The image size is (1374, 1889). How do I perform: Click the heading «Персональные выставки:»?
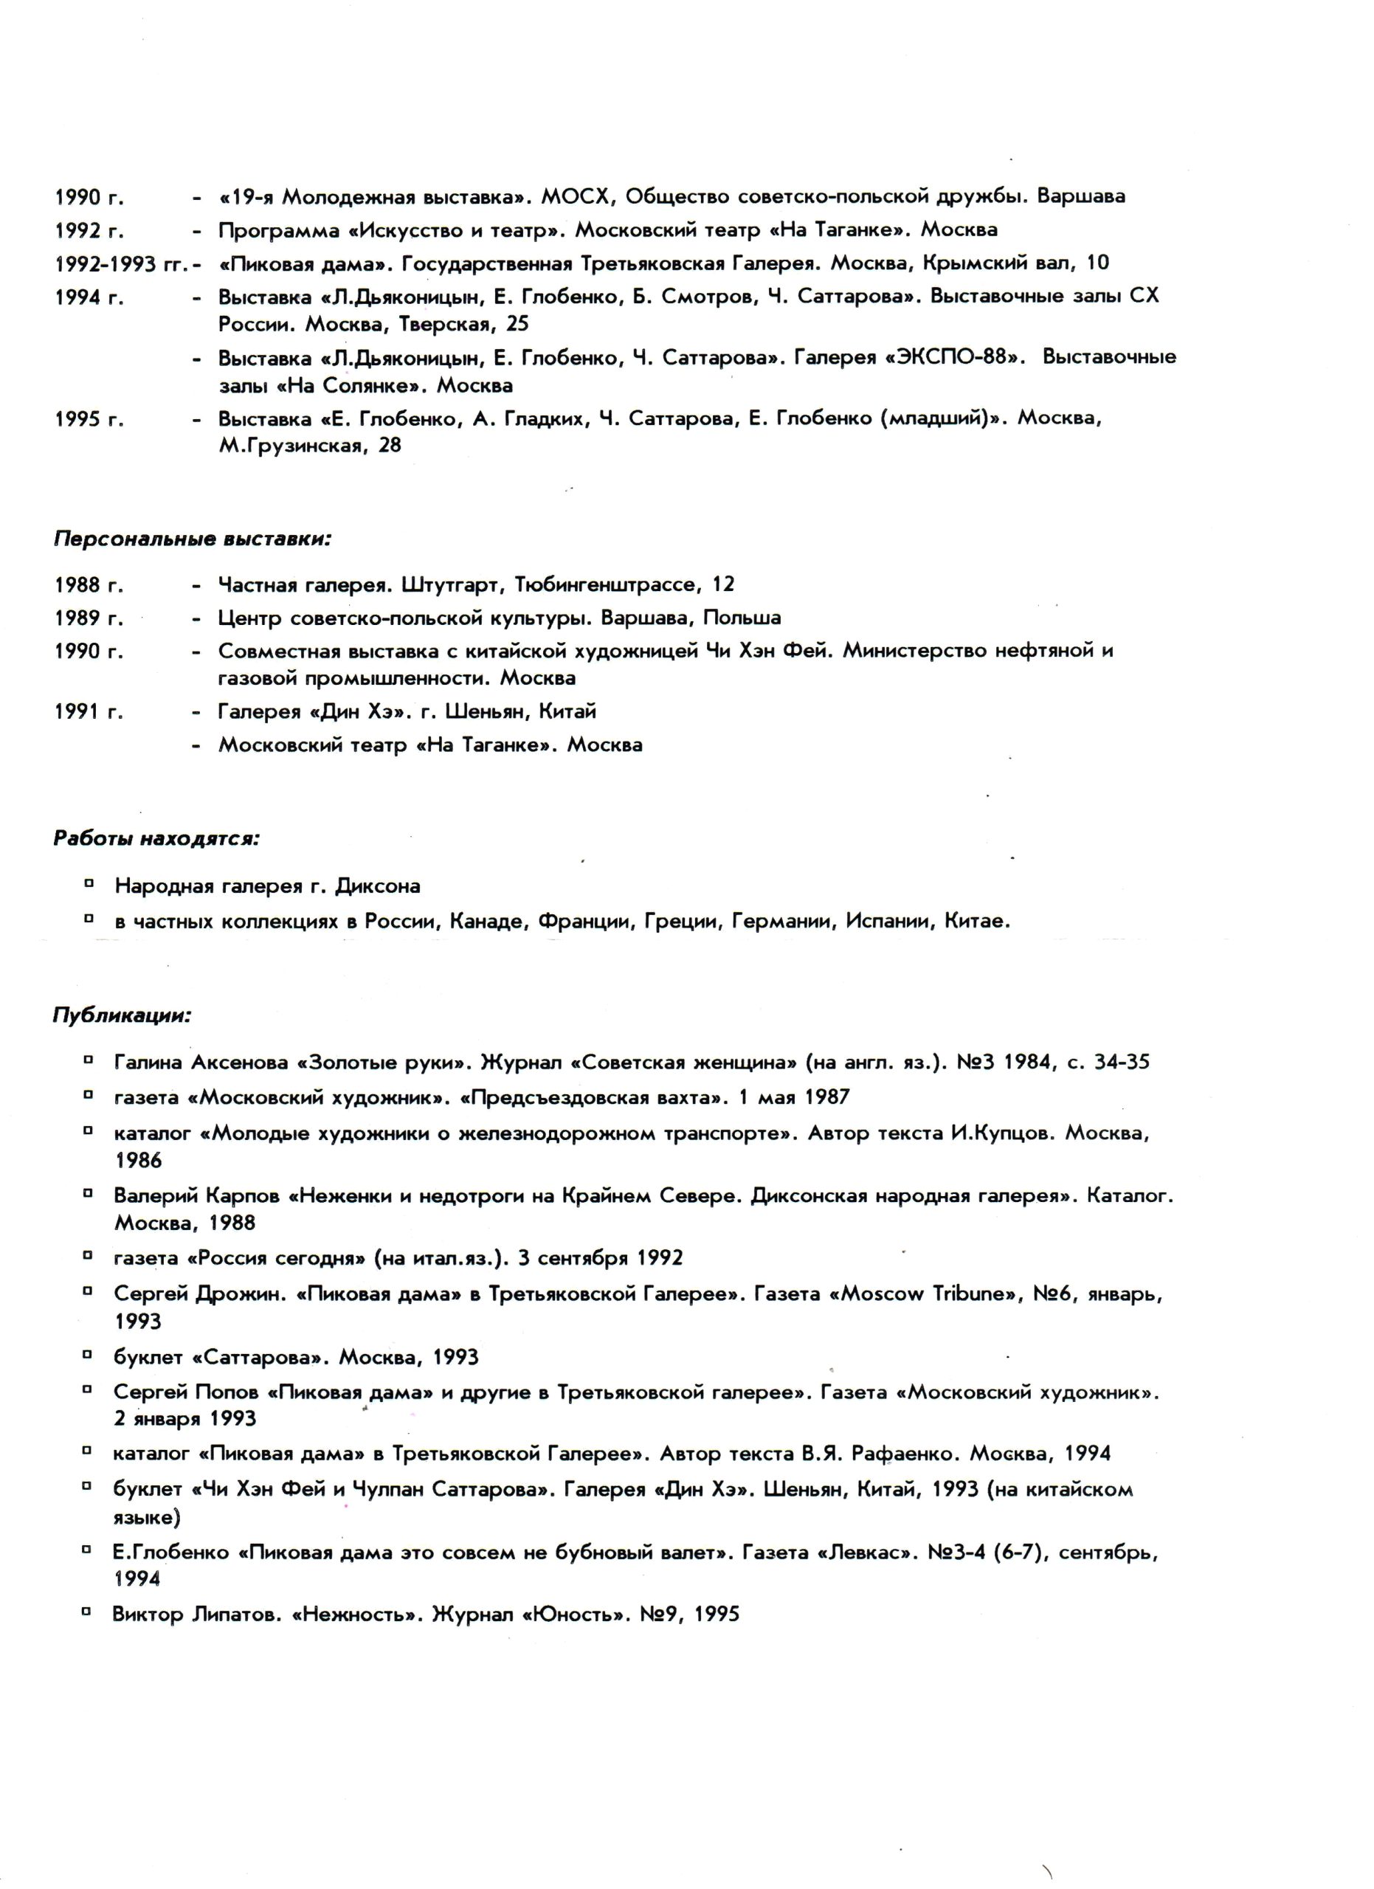tap(193, 539)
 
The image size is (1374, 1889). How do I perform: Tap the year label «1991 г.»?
tap(89, 712)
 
